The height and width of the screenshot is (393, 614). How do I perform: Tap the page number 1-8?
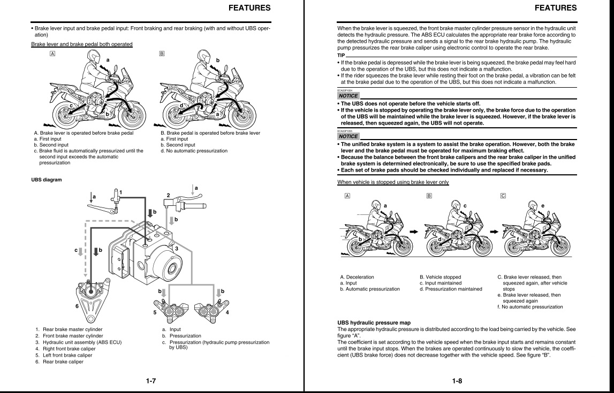(x=457, y=381)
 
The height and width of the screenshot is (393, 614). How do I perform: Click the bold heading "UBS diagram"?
(x=47, y=180)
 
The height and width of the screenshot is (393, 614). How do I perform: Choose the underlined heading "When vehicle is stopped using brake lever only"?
(x=393, y=182)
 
